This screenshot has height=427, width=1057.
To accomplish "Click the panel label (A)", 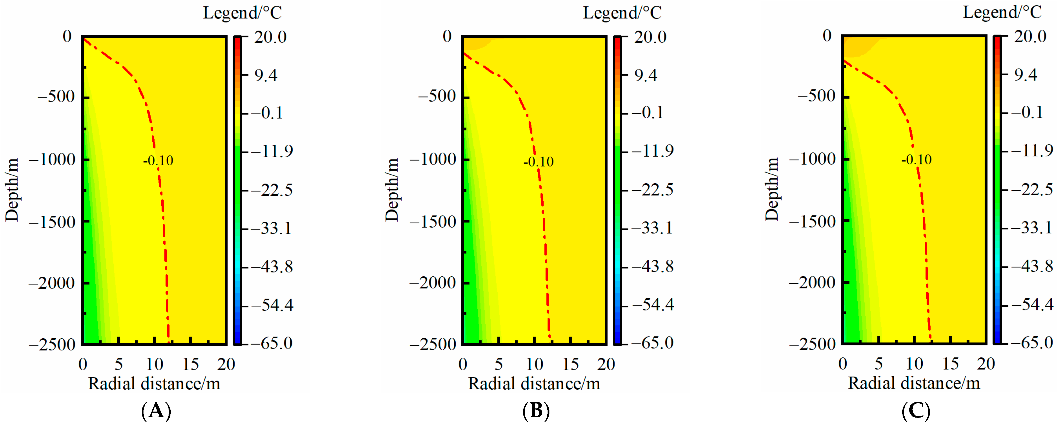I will [x=156, y=411].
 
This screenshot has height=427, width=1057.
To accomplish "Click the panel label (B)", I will [x=536, y=411].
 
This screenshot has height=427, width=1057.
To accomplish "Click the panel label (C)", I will [x=916, y=411].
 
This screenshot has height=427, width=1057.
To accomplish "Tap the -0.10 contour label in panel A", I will [x=158, y=161].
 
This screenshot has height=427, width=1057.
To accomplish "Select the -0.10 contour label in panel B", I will [x=538, y=162].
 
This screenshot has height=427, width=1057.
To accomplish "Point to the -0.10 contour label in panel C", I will [x=916, y=159].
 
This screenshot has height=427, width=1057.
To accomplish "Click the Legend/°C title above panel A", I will [x=243, y=13].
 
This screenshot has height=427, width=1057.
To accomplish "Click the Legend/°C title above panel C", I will [x=1002, y=12].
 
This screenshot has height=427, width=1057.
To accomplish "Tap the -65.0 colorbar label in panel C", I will [x=1032, y=343].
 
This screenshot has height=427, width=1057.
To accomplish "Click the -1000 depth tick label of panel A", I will [x=53, y=160].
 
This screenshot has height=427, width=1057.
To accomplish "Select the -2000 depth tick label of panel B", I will [x=433, y=283].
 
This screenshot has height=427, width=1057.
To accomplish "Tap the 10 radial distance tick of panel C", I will [x=914, y=364].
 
